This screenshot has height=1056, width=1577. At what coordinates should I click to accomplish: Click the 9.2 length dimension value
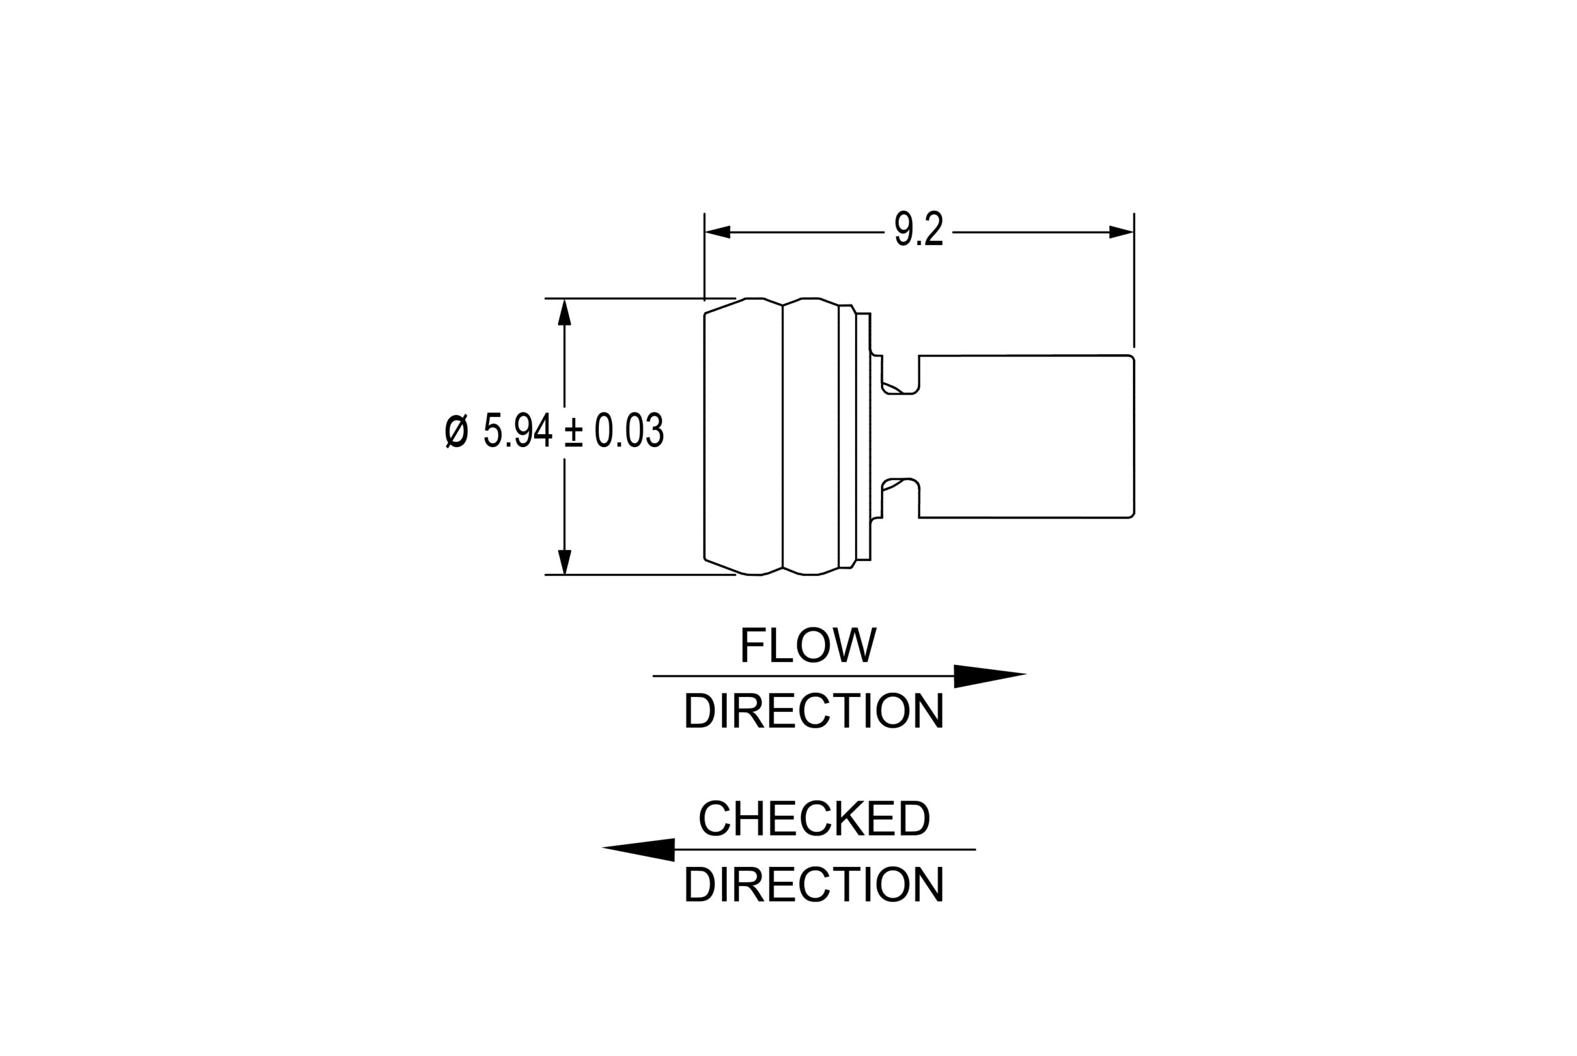[x=918, y=229]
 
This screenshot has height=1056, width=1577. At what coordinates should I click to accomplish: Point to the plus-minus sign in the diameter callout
[x=574, y=431]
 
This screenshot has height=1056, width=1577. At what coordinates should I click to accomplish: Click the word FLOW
[x=808, y=645]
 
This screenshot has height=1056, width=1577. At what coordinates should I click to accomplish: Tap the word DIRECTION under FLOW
[x=814, y=711]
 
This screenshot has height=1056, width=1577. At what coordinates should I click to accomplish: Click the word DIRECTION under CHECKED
[x=814, y=884]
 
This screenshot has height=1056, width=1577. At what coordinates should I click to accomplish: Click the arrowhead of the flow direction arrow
[x=987, y=676]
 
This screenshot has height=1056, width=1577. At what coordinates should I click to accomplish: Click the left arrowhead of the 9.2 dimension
[x=718, y=232]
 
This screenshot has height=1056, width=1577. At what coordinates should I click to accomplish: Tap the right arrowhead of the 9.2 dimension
[x=1121, y=232]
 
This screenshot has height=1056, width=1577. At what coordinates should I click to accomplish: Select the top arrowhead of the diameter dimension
[x=564, y=313]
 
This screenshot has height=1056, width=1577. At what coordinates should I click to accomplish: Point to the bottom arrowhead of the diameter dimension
[x=564, y=561]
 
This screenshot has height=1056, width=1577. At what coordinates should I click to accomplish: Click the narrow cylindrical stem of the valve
[x=1026, y=437]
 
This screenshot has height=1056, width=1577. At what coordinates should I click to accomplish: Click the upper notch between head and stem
[x=899, y=376]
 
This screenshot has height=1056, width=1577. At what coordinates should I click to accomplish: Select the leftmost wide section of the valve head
[x=743, y=437]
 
